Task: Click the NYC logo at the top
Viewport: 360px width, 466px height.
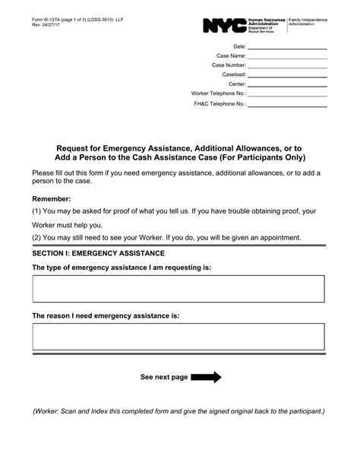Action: (224, 26)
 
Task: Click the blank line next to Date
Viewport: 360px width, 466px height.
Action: (288, 47)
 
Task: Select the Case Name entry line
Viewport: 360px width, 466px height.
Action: (288, 56)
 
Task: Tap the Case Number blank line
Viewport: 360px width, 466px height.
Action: (288, 66)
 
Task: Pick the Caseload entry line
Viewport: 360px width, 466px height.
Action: (288, 75)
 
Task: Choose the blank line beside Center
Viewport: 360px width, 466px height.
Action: (288, 84)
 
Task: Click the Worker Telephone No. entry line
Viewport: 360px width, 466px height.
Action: (288, 94)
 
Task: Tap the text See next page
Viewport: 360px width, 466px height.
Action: (163, 377)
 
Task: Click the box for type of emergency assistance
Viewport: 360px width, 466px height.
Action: (178, 289)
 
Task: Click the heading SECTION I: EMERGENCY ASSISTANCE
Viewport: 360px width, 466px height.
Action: (99, 252)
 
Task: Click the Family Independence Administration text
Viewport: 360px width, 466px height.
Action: (310, 24)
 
